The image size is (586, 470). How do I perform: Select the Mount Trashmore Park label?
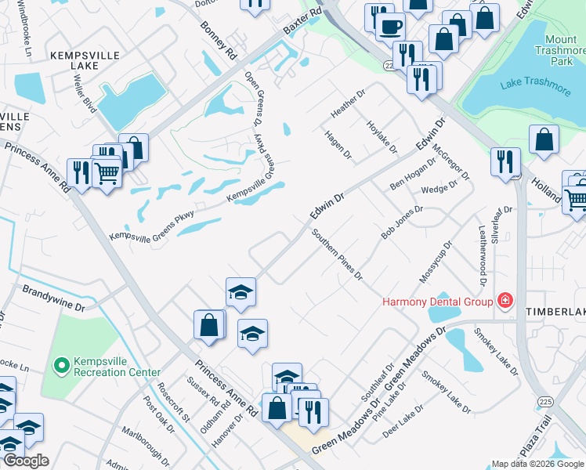561,49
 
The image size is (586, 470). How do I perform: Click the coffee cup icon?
389,27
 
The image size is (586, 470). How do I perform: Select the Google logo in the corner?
26,461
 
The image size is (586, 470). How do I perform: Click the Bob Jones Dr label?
402,222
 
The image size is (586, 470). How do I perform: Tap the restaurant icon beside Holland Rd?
505,161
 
